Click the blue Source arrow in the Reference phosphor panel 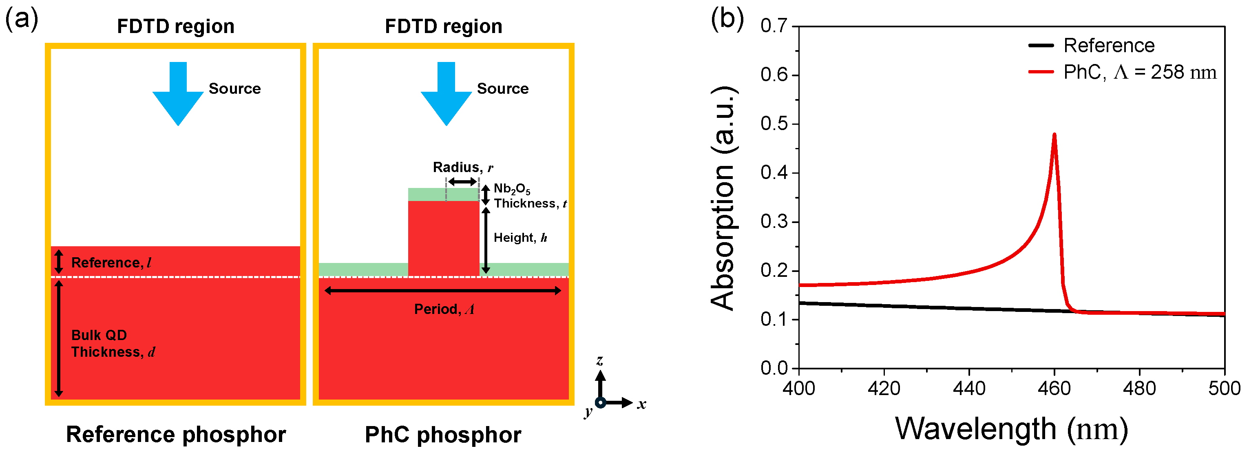click(x=178, y=95)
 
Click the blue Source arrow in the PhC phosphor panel click(x=446, y=95)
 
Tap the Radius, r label click(x=462, y=168)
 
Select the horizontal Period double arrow click(x=443, y=291)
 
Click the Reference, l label click(x=111, y=263)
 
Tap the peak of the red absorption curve click(x=1054, y=135)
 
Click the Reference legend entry click(x=1108, y=46)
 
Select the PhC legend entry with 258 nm click(x=1139, y=73)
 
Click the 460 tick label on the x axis click(x=1054, y=389)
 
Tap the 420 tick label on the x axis click(x=884, y=389)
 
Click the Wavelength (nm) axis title click(x=1011, y=429)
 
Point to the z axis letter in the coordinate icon click(x=600, y=360)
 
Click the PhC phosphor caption click(x=443, y=435)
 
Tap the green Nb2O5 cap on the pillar click(x=443, y=194)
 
